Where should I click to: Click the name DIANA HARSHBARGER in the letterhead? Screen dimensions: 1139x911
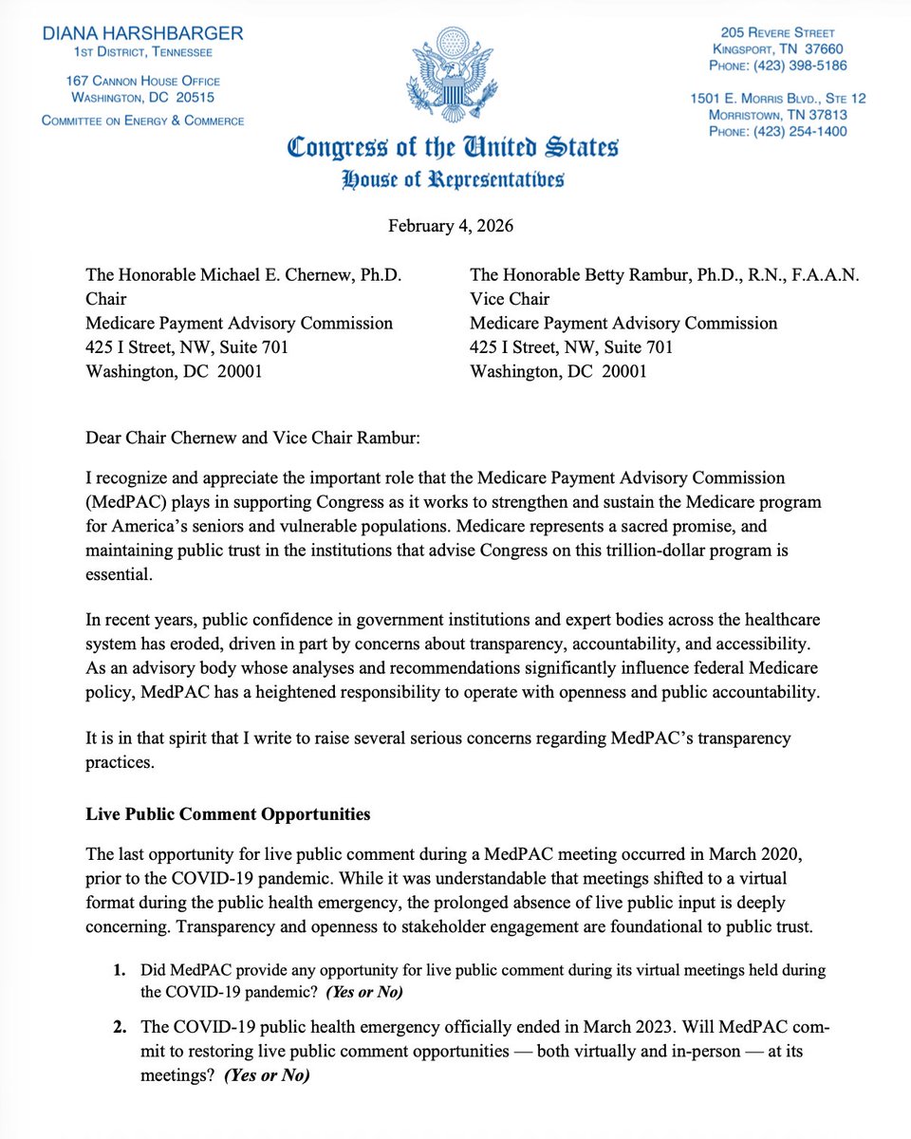(143, 32)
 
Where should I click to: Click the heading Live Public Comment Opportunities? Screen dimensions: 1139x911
(228, 813)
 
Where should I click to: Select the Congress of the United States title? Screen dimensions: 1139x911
(455, 149)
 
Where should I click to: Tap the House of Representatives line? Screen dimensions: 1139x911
(455, 178)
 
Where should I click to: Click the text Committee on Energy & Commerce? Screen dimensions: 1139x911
(143, 121)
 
